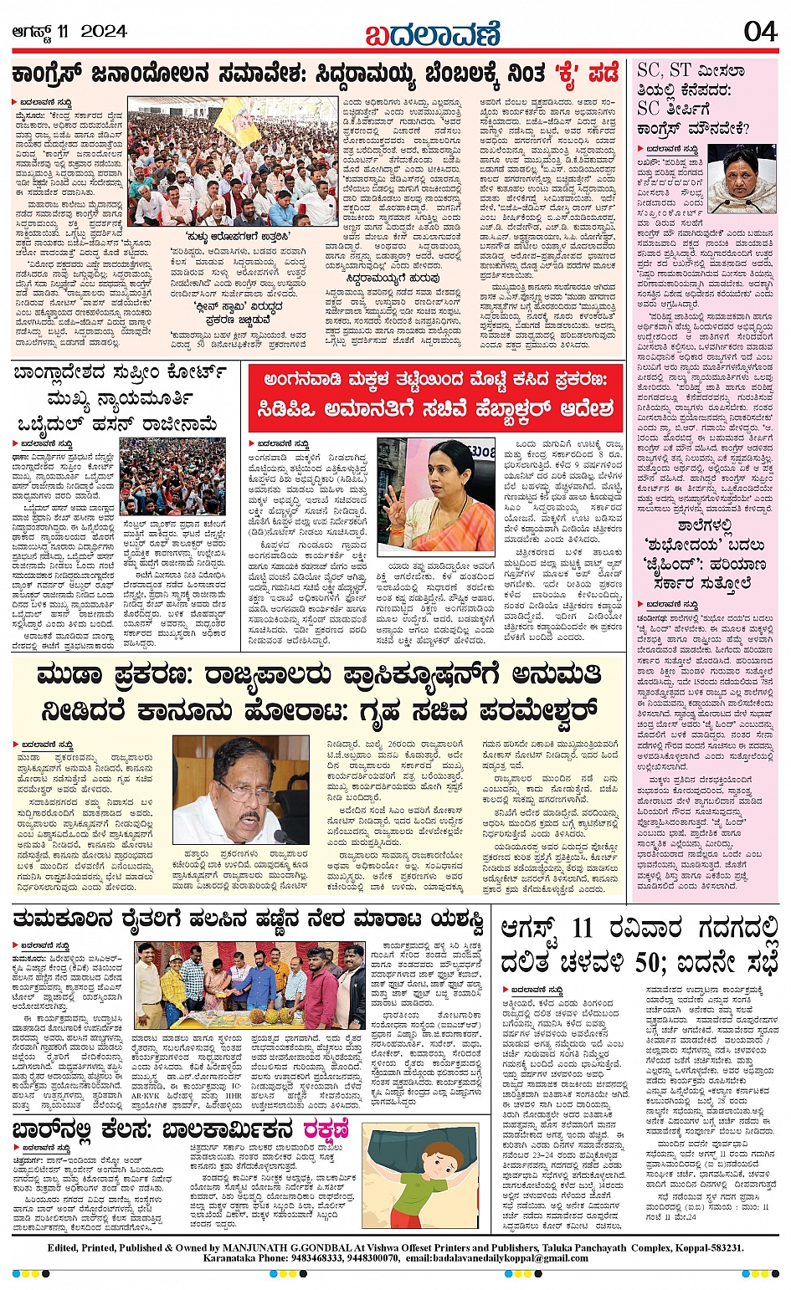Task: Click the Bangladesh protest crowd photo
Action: (172, 476)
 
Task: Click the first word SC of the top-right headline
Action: (649, 69)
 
